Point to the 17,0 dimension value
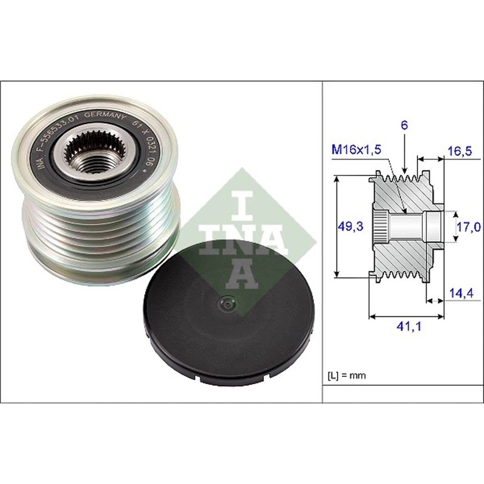click(469, 227)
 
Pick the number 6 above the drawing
click(404, 125)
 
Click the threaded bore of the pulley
click(90, 160)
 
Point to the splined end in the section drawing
click(378, 226)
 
